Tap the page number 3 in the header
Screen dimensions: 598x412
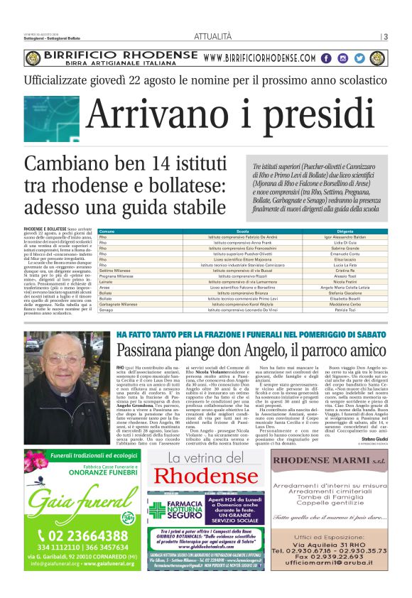tap(385, 37)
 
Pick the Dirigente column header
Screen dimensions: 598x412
tap(345, 232)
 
